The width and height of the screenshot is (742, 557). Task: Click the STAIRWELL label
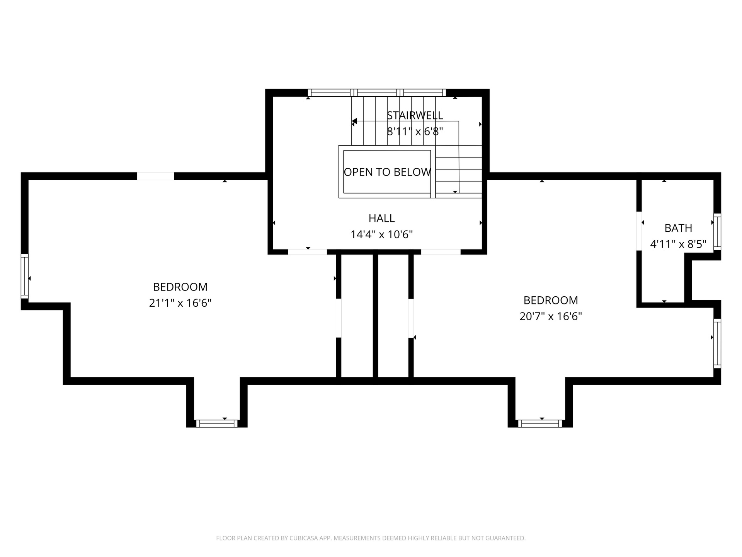tap(415, 115)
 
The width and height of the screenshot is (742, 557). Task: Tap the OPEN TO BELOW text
tap(387, 172)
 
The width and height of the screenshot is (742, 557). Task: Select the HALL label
tap(381, 218)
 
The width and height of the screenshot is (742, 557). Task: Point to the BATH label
tap(678, 228)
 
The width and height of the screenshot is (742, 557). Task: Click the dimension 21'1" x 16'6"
tap(180, 303)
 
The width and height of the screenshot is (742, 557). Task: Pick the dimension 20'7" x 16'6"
tap(551, 316)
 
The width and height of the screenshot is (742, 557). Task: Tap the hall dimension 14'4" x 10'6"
tap(381, 234)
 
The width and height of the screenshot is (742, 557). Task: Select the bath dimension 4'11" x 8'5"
tap(678, 244)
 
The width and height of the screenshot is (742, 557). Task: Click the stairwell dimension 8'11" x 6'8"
tap(415, 132)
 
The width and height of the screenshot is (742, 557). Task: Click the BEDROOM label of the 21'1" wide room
tap(180, 287)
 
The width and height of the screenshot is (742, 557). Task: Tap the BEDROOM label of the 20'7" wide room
tap(551, 300)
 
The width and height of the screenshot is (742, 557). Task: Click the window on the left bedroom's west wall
tap(25, 276)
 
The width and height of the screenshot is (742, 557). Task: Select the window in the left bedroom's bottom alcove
tap(217, 424)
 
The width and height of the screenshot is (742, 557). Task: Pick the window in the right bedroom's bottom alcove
tap(540, 424)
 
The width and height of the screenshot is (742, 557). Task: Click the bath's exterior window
tap(717, 232)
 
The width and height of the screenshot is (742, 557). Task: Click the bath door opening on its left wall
tap(639, 231)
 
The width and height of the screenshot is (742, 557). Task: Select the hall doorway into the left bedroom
tap(308, 252)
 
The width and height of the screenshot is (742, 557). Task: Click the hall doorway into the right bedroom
tap(441, 252)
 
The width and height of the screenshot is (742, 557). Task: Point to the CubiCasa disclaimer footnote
tap(371, 538)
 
